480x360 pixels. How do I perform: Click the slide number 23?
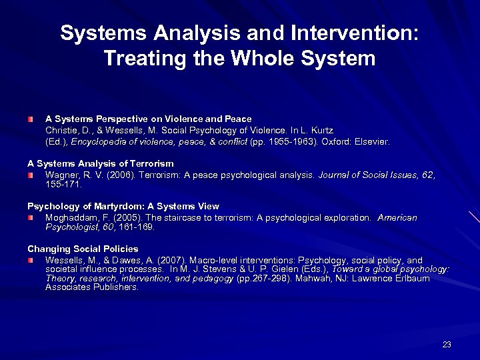point(447,345)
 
